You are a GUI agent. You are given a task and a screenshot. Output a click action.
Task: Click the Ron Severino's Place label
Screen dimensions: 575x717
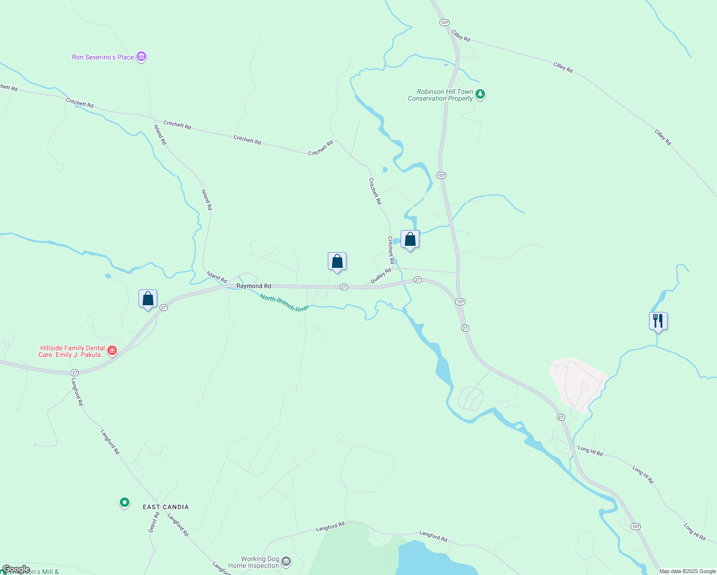[103, 57]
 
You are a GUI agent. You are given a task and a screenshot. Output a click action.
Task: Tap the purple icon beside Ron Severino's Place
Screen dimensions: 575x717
[141, 57]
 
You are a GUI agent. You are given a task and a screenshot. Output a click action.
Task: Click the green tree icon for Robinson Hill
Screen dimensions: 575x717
[480, 94]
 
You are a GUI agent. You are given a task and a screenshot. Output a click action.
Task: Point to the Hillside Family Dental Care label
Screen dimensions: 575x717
[72, 351]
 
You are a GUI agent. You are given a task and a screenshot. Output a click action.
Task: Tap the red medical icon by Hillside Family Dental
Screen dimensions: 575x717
[112, 351]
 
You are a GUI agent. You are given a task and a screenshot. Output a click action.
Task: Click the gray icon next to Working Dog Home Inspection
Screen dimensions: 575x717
[286, 561]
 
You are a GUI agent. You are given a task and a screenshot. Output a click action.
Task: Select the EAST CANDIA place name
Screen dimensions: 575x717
[166, 507]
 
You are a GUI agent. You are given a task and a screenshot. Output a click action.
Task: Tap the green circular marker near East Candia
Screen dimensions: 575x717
[125, 502]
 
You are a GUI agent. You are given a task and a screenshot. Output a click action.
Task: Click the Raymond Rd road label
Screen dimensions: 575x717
[254, 286]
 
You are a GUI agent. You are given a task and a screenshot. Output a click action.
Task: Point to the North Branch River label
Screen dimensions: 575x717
[284, 303]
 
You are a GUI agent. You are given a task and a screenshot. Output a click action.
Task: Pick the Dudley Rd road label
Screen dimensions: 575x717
[381, 276]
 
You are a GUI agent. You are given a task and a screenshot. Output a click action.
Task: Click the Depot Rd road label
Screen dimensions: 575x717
[154, 522]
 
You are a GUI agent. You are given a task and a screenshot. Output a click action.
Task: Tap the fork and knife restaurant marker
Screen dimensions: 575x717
[658, 321]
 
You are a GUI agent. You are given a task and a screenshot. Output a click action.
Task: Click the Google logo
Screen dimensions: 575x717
[16, 569]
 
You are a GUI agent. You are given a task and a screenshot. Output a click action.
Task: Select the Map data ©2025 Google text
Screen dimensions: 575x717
[687, 571]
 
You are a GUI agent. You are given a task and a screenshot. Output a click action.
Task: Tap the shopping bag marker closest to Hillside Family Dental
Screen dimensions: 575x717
[148, 299]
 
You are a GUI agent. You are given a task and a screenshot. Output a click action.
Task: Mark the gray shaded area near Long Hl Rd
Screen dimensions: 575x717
[578, 383]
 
